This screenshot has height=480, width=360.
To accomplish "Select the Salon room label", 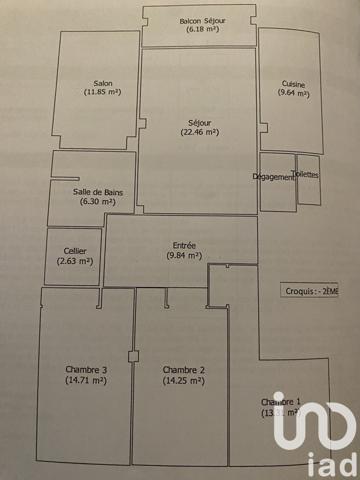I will click(x=102, y=83).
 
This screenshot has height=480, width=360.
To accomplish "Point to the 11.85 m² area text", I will click(x=102, y=93).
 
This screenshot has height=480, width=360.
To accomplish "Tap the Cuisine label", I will click(x=294, y=84).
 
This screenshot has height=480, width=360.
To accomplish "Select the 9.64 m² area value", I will click(x=294, y=94).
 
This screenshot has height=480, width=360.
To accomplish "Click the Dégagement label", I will click(x=273, y=177).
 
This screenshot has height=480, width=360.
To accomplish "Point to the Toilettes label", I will click(x=308, y=174).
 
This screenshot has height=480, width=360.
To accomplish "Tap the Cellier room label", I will click(x=73, y=251).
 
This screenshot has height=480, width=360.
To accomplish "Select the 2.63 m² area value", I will click(x=73, y=261).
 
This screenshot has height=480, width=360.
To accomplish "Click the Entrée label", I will click(x=184, y=246).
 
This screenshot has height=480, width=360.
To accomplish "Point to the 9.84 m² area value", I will click(x=184, y=256).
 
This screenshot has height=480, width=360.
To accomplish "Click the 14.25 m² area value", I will click(x=184, y=380).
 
